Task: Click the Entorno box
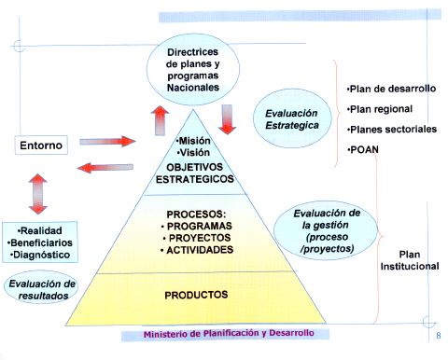click(x=41, y=145)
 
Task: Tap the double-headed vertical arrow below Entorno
click(x=38, y=194)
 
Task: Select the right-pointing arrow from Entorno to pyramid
click(x=107, y=142)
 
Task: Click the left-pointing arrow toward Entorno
click(x=105, y=168)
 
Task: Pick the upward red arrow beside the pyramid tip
click(x=160, y=120)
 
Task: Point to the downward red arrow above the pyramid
click(x=228, y=119)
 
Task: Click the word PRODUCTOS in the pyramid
click(x=196, y=295)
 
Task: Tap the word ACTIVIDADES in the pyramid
click(x=200, y=250)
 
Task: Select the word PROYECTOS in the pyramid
click(x=200, y=238)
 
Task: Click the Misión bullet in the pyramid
click(x=193, y=141)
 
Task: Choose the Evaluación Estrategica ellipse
click(x=292, y=118)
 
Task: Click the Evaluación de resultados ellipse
click(x=41, y=287)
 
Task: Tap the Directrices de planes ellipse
click(x=193, y=69)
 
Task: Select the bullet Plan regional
click(x=380, y=109)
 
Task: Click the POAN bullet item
click(x=363, y=150)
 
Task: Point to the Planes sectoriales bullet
click(x=392, y=130)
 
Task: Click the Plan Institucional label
click(x=410, y=260)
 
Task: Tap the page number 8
click(x=439, y=336)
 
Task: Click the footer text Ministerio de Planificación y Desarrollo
click(x=229, y=334)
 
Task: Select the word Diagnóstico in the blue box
click(x=40, y=255)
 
